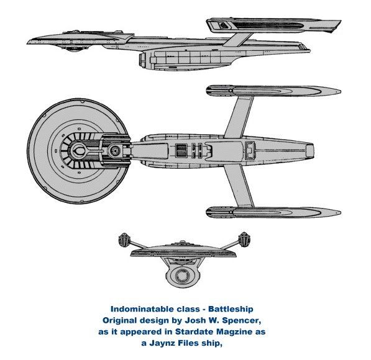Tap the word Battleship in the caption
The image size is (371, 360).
point(231,309)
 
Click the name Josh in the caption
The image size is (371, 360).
point(194,320)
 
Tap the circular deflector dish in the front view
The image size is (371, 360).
point(182,276)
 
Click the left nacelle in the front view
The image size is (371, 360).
point(124,240)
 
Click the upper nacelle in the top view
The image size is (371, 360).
point(273,91)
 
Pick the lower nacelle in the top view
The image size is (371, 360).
point(273,212)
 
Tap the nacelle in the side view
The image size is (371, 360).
point(273,26)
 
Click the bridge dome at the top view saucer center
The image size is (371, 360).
point(79,151)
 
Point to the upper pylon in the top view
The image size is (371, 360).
point(239,117)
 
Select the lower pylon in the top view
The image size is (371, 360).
point(239,186)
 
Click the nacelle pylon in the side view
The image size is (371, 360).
point(237,40)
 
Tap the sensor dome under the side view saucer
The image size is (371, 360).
point(73,49)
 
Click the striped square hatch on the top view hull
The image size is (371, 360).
point(181,151)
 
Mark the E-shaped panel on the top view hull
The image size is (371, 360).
point(250,150)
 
